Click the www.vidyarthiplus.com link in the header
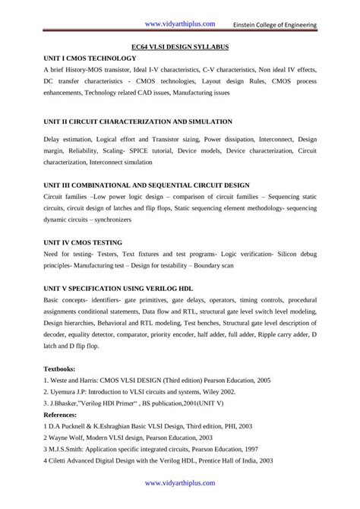(x=180, y=24)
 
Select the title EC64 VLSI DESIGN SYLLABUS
(x=180, y=46)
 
